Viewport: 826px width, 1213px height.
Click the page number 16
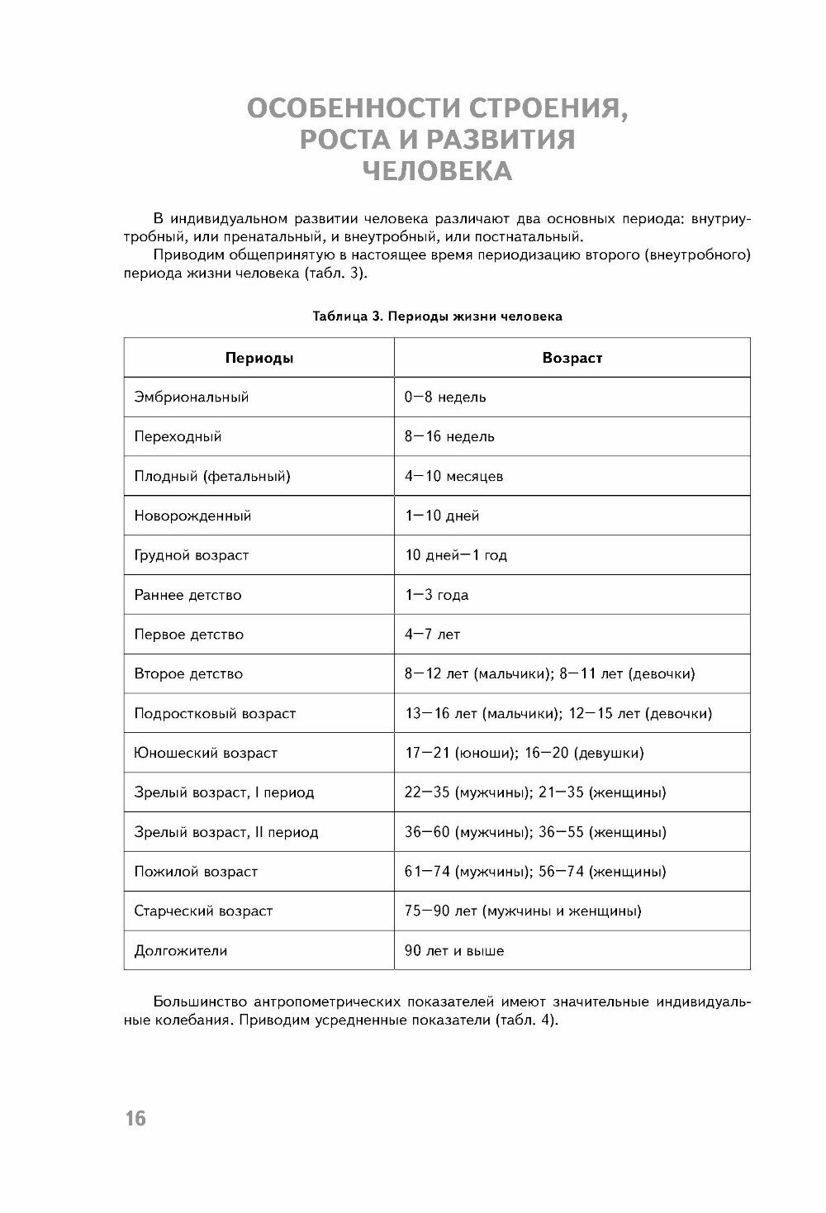coord(135,1119)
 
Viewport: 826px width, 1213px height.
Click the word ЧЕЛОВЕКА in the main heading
coord(437,170)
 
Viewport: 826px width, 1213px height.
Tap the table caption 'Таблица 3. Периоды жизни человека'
coord(437,316)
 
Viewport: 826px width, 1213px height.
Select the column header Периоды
coord(259,358)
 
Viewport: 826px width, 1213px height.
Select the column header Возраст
coord(572,358)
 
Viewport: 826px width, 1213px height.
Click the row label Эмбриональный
coord(192,397)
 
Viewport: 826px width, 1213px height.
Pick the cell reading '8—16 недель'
coord(449,436)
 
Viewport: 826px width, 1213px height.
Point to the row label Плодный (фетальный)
coord(212,476)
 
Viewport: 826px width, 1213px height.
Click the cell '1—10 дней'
coord(442,516)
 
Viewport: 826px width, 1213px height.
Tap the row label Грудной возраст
coord(192,555)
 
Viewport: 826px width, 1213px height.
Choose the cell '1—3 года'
coord(436,595)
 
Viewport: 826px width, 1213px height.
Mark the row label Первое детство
coord(189,635)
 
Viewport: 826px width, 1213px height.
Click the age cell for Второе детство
coord(549,673)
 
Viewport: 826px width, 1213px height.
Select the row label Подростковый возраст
coord(215,713)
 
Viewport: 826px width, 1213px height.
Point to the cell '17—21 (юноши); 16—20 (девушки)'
coord(524,753)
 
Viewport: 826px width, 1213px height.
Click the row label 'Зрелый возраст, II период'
coord(226,832)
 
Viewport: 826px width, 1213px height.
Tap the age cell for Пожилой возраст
coord(535,872)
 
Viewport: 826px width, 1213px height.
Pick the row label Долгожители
coord(181,951)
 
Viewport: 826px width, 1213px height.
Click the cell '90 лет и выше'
coord(454,951)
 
